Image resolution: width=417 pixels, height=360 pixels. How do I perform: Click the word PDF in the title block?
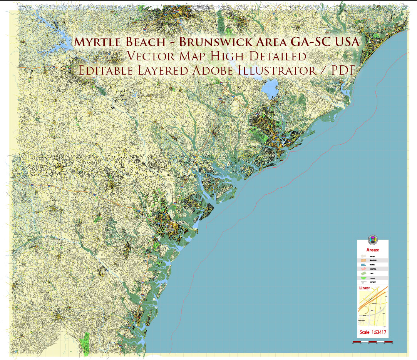(342, 71)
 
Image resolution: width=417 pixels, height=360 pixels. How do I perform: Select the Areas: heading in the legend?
(372, 250)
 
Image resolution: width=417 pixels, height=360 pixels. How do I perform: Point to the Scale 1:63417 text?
(372, 332)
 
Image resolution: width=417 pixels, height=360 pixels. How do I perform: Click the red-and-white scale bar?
(372, 342)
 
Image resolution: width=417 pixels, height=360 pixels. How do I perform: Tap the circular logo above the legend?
(372, 240)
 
